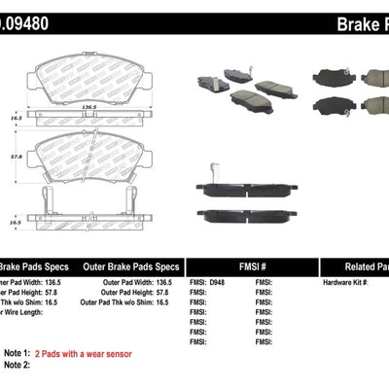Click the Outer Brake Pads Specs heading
pyautogui.click(x=130, y=266)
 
